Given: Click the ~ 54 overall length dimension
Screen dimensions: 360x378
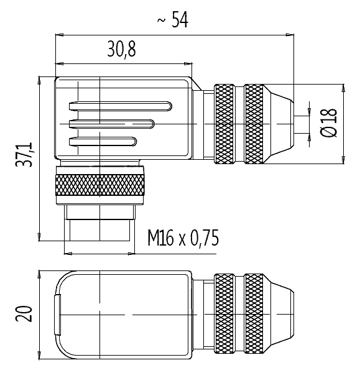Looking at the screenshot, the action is (172, 19).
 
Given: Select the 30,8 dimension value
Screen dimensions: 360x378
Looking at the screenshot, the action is (121, 49).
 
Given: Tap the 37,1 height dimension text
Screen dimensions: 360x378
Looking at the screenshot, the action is (24, 155).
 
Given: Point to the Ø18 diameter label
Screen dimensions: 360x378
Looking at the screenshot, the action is (328, 122).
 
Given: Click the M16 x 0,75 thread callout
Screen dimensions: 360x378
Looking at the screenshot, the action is (183, 238).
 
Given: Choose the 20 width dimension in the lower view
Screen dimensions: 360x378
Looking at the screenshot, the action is (24, 314).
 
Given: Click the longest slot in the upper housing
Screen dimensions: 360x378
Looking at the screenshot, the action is (121, 106).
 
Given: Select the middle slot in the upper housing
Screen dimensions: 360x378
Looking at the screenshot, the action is (111, 124).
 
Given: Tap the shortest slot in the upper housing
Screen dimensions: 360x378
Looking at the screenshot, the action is (103, 142).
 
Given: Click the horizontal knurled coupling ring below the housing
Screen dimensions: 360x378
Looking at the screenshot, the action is (100, 185).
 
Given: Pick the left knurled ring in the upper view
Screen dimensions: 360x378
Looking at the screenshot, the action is (224, 124).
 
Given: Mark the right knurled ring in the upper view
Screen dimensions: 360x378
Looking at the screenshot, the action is (254, 124).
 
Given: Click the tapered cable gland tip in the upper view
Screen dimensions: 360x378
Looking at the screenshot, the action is (279, 124).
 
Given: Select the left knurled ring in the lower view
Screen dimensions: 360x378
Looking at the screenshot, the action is (224, 314).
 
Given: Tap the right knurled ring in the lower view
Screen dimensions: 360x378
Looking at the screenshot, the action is (254, 314).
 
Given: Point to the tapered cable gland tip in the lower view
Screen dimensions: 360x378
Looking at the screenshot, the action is (279, 314).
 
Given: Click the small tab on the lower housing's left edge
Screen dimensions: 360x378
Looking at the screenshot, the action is (57, 315).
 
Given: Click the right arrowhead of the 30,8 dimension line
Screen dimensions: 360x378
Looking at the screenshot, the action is (188, 64).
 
